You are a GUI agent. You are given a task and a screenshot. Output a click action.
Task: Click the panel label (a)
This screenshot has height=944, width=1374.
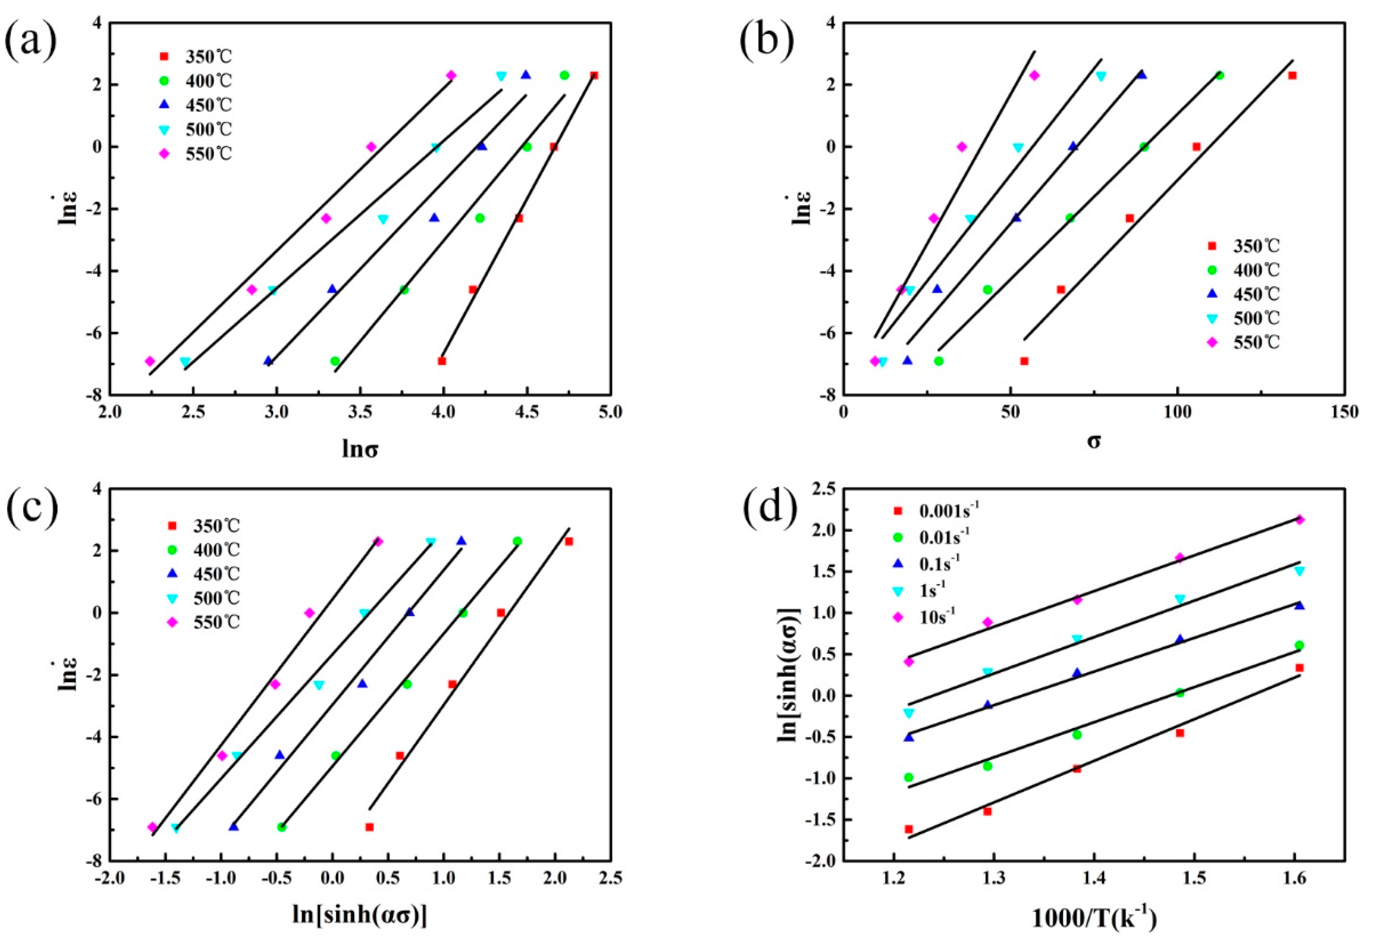[31, 40]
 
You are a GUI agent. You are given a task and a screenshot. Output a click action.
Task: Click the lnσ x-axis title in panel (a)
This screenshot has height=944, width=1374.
[360, 450]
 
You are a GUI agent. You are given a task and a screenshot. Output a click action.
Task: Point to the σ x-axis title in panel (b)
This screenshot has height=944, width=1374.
[1094, 441]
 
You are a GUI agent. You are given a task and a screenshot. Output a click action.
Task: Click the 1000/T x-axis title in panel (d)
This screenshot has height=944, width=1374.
[1094, 918]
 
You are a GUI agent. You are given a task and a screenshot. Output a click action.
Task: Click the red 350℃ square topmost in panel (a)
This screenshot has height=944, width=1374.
[594, 76]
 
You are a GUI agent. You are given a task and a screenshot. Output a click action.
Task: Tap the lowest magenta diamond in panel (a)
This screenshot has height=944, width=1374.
[150, 361]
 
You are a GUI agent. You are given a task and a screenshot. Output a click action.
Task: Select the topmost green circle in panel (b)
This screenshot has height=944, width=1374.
[1219, 76]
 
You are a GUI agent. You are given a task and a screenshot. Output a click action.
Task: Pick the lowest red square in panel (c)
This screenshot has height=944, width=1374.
[369, 827]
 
